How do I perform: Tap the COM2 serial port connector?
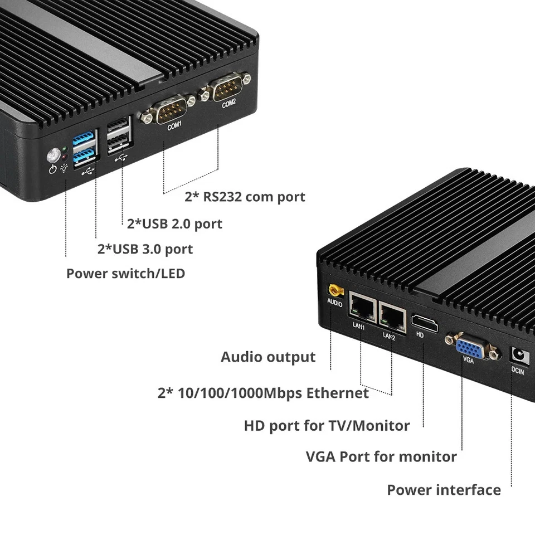223,89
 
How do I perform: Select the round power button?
54,154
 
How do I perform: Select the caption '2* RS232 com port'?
245,197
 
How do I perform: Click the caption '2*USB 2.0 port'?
174,224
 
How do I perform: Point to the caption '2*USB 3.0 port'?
145,249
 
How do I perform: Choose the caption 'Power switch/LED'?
125,274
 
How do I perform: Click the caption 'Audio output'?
268,357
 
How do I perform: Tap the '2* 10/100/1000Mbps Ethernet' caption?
263,393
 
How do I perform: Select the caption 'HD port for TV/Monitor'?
327,426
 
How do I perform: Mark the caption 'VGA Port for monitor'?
381,457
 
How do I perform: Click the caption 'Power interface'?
444,490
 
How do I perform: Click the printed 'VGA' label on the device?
468,360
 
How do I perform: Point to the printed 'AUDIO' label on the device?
334,304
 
